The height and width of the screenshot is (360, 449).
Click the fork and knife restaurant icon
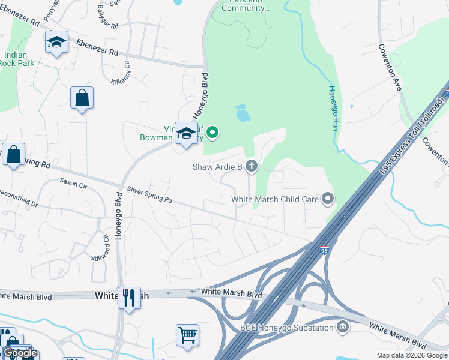pyautogui.click(x=129, y=298)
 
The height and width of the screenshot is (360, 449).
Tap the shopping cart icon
pyautogui.click(x=187, y=335)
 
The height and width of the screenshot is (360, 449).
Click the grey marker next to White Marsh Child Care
pyautogui.click(x=327, y=198)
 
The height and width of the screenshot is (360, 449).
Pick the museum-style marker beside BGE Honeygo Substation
pyautogui.click(x=342, y=327)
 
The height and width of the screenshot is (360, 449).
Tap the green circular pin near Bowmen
pyautogui.click(x=212, y=132)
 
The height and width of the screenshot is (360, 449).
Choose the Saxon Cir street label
pyautogui.click(x=73, y=181)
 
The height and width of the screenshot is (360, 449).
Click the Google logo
pyautogui.click(x=20, y=353)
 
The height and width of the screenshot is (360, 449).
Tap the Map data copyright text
pyautogui.click(x=412, y=355)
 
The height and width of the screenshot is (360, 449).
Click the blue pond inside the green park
pyautogui.click(x=243, y=113)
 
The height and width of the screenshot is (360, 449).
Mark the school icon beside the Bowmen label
pyautogui.click(x=186, y=133)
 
